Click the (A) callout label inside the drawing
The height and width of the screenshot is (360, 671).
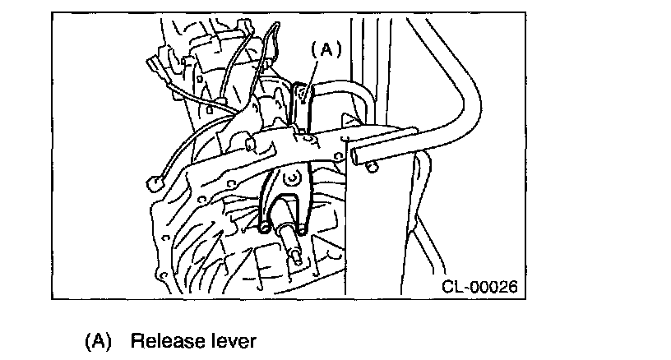[x=325, y=49]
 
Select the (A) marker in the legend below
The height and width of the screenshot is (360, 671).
[x=97, y=340]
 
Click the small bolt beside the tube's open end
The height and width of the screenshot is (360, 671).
[x=373, y=169]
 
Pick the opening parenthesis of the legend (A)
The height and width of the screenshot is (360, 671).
[x=88, y=340]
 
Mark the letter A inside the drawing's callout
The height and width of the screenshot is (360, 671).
[x=325, y=49]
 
